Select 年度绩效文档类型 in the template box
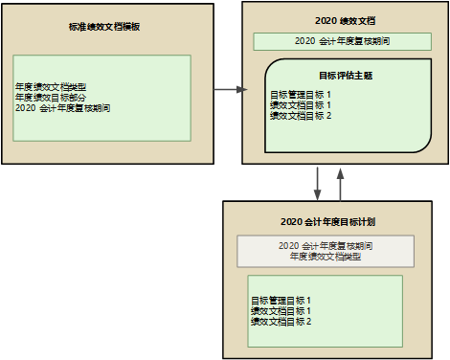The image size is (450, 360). coord(51,87)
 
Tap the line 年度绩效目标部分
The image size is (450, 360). coord(51,98)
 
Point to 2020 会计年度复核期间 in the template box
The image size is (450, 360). coord(63,108)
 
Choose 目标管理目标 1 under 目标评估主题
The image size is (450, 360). coord(301,95)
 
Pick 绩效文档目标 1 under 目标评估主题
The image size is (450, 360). coord(301,105)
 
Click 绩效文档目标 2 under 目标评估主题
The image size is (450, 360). coord(301,116)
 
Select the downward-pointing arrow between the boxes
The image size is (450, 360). coord(317,182)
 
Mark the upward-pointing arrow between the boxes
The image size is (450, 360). coord(340,182)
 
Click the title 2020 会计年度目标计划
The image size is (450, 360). coord(327,222)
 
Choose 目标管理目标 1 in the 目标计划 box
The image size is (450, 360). coord(281,301)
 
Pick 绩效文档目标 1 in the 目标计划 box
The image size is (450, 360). coord(281,311)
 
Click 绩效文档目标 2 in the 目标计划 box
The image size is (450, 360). coord(281,322)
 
